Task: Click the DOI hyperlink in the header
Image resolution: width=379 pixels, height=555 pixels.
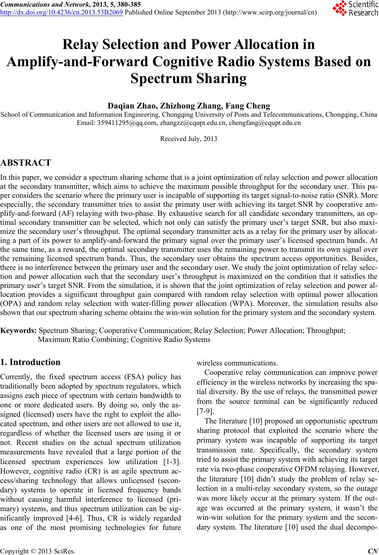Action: pyautogui.click(x=62, y=12)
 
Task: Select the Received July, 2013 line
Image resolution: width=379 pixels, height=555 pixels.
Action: pyautogui.click(x=189, y=139)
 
